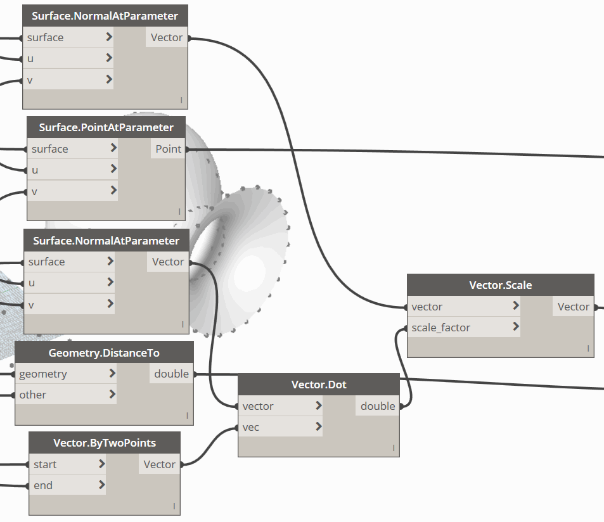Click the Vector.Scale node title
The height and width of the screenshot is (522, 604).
[x=501, y=285]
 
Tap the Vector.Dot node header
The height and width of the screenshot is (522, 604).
[x=319, y=385]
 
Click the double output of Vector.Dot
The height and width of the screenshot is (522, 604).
[x=378, y=406]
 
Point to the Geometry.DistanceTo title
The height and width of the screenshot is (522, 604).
[x=104, y=353]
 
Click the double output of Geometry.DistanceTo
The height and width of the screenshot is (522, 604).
[x=171, y=374]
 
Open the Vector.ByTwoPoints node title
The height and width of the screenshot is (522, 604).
[x=105, y=443]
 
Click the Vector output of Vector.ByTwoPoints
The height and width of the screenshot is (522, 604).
[x=159, y=464]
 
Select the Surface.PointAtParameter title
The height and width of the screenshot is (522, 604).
[x=106, y=127]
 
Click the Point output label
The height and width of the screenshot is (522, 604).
[x=169, y=149]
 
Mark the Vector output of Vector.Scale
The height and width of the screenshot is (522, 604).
[x=573, y=307]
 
